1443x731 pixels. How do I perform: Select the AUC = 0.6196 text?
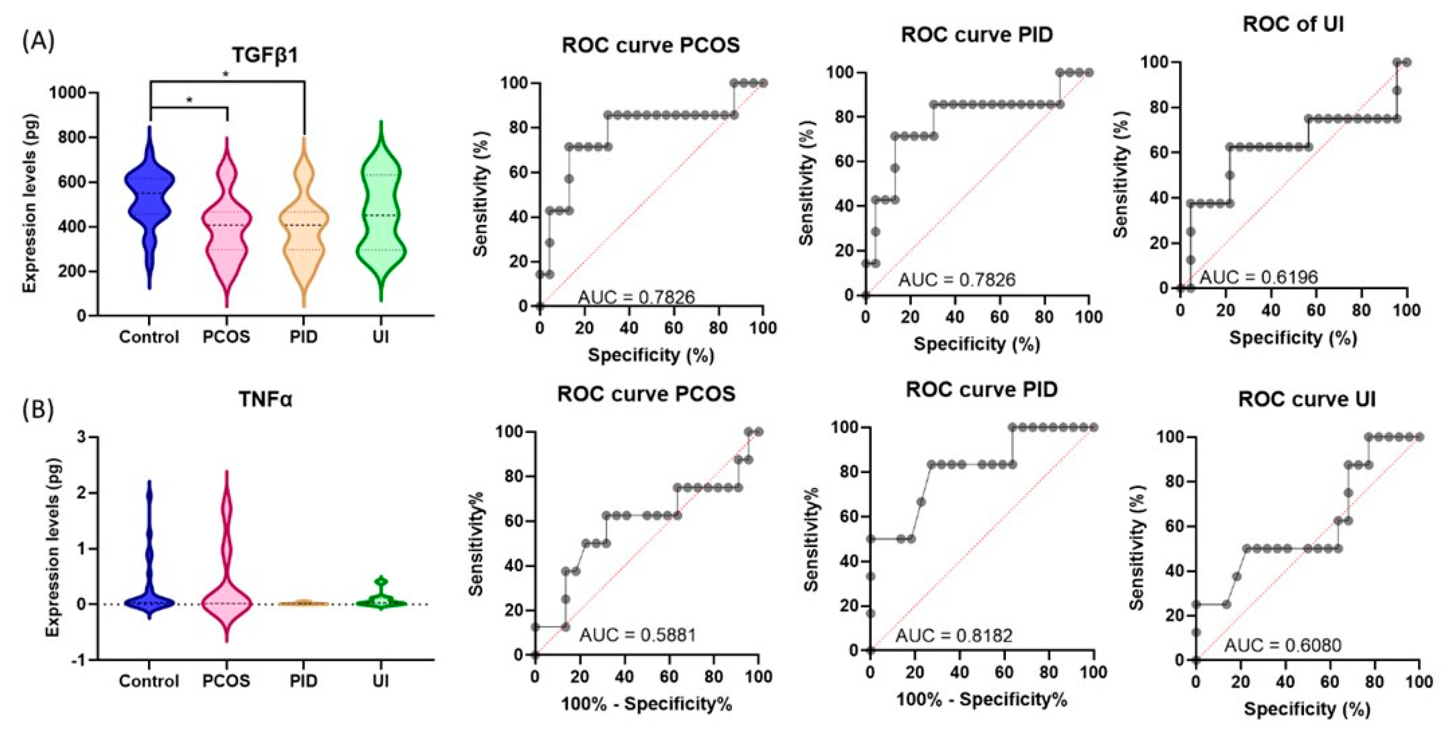coord(1258,277)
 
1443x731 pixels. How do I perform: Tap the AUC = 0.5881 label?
coord(638,635)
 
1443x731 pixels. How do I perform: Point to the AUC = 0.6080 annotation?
coord(1282,645)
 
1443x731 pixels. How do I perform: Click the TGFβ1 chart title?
coord(265,55)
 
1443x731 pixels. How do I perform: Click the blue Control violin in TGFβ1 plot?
coord(149,207)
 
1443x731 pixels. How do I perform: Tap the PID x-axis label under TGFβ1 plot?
coord(304,337)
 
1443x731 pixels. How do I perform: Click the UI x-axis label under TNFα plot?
coord(380,681)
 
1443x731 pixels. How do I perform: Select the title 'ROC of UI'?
coord(1293,24)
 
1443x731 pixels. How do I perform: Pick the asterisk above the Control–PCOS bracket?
coord(189,100)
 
